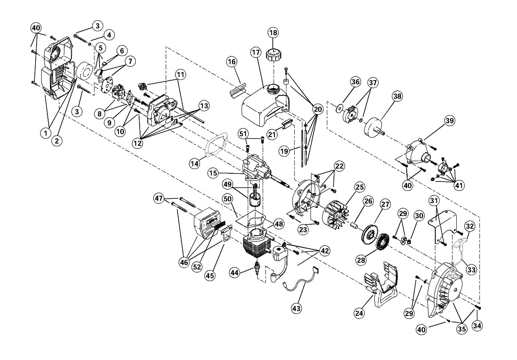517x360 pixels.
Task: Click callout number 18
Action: coord(273,33)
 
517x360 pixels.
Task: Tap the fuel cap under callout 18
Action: coord(274,56)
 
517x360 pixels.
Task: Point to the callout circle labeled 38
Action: coord(397,97)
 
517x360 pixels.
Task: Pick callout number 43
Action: coord(296,308)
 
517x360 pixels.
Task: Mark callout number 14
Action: coord(195,163)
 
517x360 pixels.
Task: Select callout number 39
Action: coord(449,121)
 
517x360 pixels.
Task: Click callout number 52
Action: coord(197,267)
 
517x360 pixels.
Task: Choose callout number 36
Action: coord(355,82)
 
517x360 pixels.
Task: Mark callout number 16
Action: coord(232,62)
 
